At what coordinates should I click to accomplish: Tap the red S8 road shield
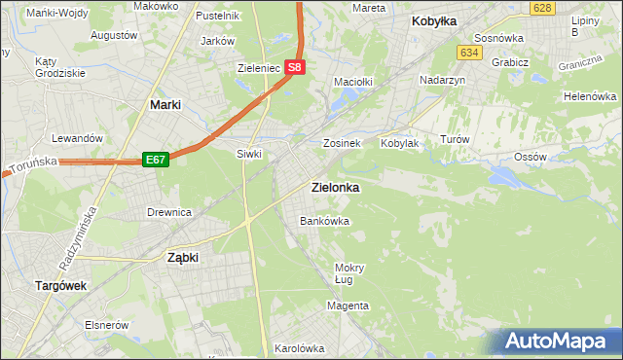pyautogui.click(x=296, y=69)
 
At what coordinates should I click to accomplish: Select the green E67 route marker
pyautogui.click(x=156, y=160)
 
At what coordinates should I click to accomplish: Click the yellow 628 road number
pyautogui.click(x=543, y=8)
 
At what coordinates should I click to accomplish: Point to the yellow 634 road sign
pyautogui.click(x=471, y=53)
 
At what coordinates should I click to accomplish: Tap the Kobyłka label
pyautogui.click(x=434, y=20)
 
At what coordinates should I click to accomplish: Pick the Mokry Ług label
pyautogui.click(x=348, y=273)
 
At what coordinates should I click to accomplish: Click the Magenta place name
pyautogui.click(x=348, y=306)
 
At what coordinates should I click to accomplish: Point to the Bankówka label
pyautogui.click(x=324, y=221)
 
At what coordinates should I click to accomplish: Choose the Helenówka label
pyautogui.click(x=590, y=97)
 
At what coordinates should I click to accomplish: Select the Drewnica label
pyautogui.click(x=168, y=212)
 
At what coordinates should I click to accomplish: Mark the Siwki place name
pyautogui.click(x=250, y=154)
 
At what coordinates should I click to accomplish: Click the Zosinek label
pyautogui.click(x=343, y=143)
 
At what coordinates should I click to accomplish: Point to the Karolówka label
pyautogui.click(x=299, y=347)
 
